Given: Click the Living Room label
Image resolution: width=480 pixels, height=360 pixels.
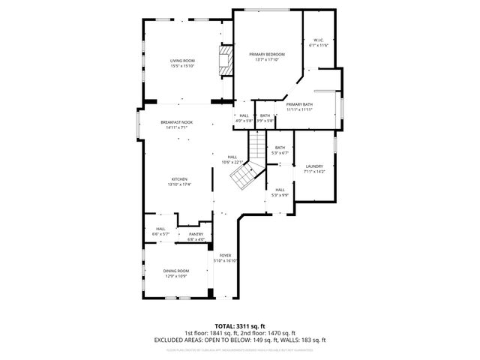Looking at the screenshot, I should point(182,63).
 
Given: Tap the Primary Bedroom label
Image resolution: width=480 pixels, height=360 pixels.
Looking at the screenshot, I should point(268,57).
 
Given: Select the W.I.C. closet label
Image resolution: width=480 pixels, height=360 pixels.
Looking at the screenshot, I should point(319,43).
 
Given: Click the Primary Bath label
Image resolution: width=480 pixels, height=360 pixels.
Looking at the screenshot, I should point(299,107).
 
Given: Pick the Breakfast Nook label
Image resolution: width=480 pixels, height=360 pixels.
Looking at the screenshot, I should point(177,124).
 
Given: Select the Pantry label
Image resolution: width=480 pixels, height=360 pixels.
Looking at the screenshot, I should point(196,237).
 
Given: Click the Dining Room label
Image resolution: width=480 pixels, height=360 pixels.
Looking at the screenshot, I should point(177,273).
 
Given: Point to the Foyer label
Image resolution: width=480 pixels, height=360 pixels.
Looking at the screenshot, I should point(225,258).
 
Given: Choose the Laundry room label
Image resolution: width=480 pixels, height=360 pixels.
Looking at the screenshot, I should point(314,168).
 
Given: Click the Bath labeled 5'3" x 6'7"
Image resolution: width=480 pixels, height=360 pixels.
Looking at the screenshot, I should point(280,150).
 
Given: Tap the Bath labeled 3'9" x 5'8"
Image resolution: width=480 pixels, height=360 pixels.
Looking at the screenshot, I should point(265,118).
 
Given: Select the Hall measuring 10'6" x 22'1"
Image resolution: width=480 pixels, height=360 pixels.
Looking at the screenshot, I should point(232,159).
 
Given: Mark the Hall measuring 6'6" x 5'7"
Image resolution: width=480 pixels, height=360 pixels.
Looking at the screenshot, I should point(160,231).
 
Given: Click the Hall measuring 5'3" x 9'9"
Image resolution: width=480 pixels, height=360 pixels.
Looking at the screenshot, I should point(280,192).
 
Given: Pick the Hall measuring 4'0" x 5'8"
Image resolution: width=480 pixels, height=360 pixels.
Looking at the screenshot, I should point(244,118).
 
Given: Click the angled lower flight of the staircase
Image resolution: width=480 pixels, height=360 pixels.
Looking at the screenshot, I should point(244,177).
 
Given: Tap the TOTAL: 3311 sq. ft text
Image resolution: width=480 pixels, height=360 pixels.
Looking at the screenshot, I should point(240,325).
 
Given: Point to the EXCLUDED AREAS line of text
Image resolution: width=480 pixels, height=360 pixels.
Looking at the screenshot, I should point(240,340).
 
